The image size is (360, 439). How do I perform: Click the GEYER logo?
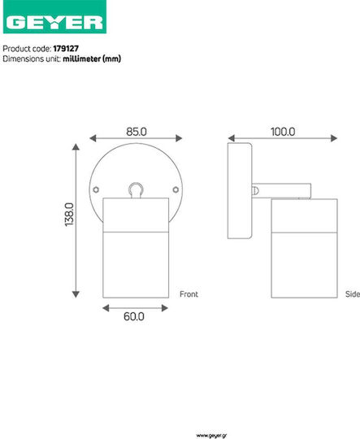click(54, 17)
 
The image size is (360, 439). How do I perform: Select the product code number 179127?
click(66, 49)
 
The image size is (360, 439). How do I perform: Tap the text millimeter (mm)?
click(92, 59)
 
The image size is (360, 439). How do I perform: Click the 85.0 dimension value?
click(137, 132)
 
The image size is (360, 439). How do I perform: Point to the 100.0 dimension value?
click(283, 132)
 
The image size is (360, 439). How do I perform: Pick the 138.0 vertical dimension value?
click(69, 215)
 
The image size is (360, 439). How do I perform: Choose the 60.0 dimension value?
click(134, 316)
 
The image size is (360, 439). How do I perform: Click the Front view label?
click(189, 294)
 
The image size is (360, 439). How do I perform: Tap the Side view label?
click(353, 294)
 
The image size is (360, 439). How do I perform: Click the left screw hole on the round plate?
click(96, 189)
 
